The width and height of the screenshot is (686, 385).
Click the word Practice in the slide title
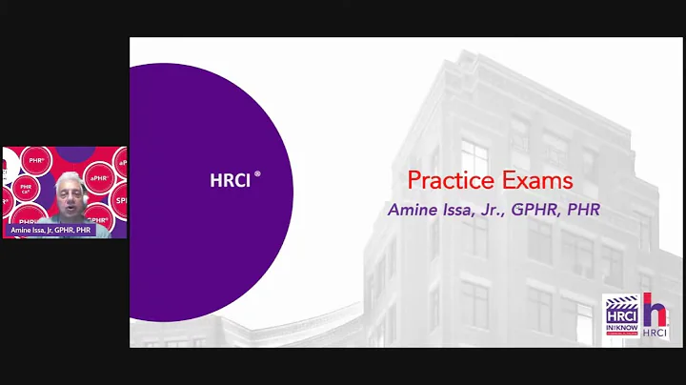point(443,180)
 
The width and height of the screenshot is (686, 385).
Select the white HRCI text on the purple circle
point(230,180)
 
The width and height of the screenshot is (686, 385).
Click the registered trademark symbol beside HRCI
point(257,174)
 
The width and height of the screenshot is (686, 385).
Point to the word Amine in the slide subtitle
point(412,210)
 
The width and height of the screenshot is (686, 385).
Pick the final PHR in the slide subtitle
point(584,210)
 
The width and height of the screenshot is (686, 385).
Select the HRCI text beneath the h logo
point(656,334)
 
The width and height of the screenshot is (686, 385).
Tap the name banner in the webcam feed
point(51,230)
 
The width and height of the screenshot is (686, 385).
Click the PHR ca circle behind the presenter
point(26,189)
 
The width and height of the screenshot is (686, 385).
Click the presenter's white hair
point(70,177)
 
